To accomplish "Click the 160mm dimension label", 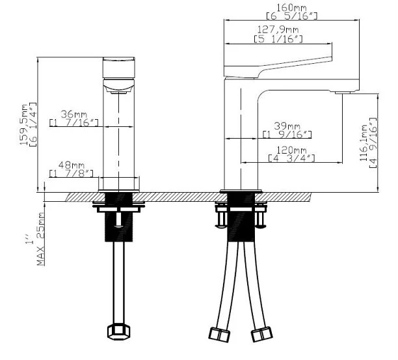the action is (291, 8).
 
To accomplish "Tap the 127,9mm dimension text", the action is (278, 30).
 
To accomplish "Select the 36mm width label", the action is (73, 114).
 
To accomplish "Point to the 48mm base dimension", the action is (72, 165).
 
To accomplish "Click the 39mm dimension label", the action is (287, 126).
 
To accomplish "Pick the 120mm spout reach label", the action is (291, 150).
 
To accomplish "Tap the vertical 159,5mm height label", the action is (24, 124).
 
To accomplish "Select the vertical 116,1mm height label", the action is (364, 143).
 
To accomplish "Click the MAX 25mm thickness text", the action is (41, 239).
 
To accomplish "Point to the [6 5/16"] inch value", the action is (291, 16).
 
